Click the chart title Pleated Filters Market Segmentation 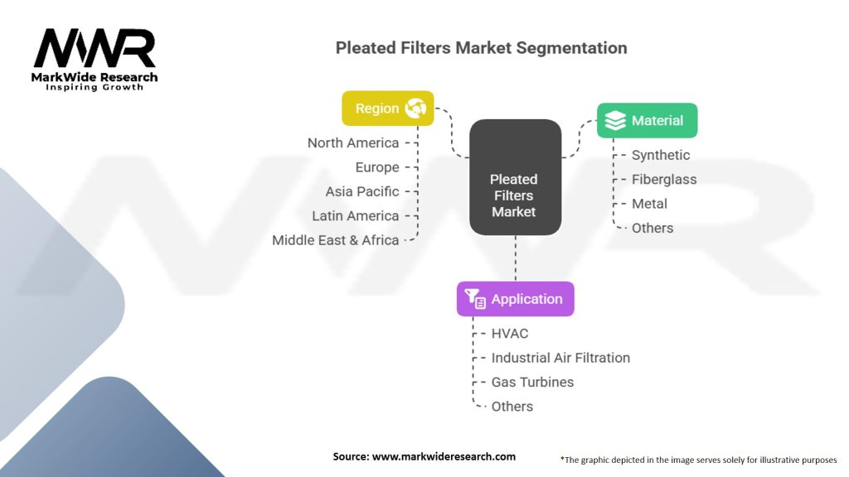coord(481,47)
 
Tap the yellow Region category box coord(387,108)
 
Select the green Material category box coord(647,121)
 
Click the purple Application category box coord(515,299)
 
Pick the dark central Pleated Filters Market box coord(514,195)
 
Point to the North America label coord(353,142)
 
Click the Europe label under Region coord(377,167)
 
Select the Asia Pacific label coord(362,191)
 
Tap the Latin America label coord(356,215)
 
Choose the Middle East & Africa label coord(336,240)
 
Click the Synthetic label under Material coord(661,155)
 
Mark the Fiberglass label coord(664,179)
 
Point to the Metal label coord(649,204)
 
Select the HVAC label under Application coord(510,333)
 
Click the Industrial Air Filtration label coord(560,358)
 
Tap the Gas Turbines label coord(532,382)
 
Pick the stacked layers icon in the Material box coord(615,121)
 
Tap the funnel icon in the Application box coord(475,299)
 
